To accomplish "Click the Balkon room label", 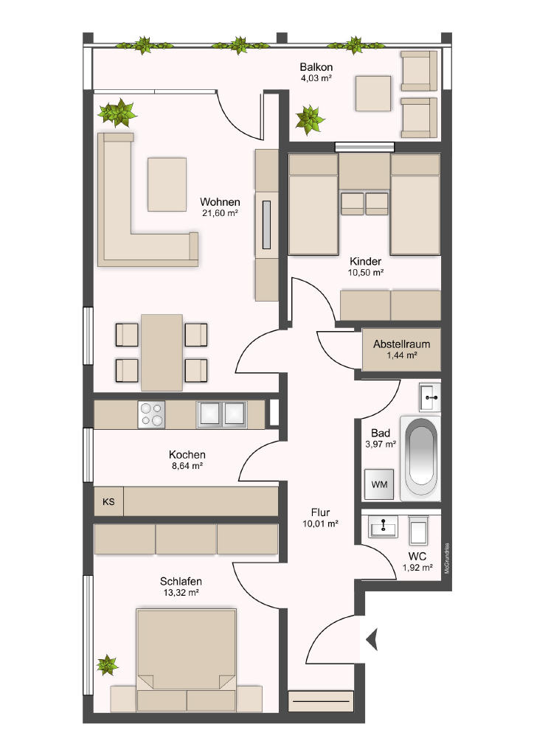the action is [316, 67].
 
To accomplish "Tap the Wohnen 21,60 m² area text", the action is [220, 213].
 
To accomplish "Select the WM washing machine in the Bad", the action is [379, 484].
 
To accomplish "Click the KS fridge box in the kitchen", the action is [109, 501].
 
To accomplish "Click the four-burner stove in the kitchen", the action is [151, 414].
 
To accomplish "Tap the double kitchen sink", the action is [221, 414].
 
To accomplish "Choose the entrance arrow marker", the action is [372, 640].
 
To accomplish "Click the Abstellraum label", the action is [401, 344].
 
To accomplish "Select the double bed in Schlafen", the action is [187, 660].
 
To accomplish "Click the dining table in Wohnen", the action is [162, 353].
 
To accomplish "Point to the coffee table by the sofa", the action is [167, 184].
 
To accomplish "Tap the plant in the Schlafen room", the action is [107, 665].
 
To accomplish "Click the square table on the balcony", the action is [373, 94].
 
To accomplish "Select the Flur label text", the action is [320, 512].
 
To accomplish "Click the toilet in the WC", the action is [418, 530].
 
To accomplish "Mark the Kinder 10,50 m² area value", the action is [366, 273].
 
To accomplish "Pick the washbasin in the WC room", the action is [384, 526].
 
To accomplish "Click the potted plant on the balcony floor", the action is [310, 119].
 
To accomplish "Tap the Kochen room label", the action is [187, 454].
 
